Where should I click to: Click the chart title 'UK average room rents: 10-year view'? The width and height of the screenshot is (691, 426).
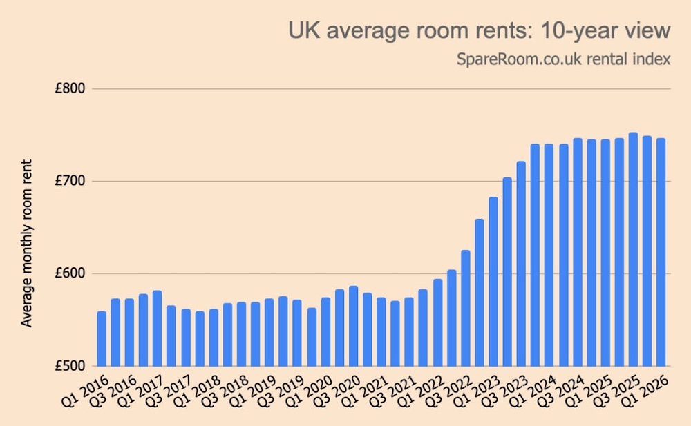[479, 31]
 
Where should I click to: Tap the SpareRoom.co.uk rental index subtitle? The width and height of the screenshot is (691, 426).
[563, 59]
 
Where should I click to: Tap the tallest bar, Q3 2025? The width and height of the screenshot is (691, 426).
[633, 249]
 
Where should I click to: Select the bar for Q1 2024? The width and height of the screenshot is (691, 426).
[549, 255]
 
